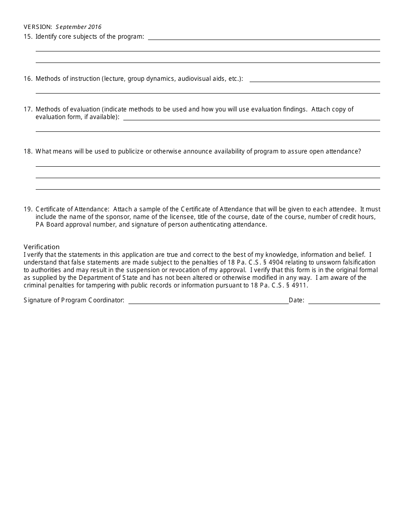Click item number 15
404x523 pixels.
click(28, 37)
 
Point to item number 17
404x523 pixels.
click(28, 109)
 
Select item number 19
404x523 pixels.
click(28, 209)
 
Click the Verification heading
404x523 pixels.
click(42, 247)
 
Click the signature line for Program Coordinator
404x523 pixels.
click(208, 302)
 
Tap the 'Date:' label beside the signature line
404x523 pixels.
click(296, 300)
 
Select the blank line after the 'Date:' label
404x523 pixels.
click(344, 302)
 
